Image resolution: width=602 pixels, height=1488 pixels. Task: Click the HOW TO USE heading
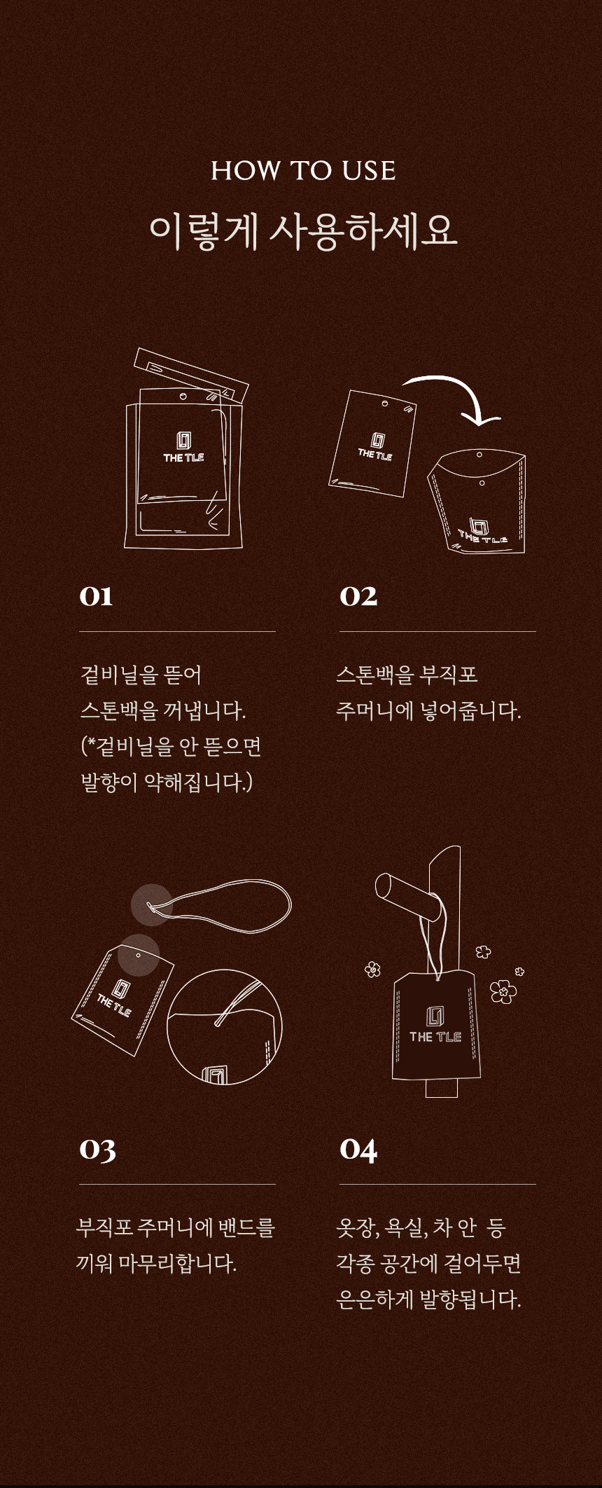303,170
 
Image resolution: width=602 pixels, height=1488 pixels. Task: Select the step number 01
96,596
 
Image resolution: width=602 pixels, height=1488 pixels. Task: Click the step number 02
358,596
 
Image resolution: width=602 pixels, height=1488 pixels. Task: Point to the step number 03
97,1150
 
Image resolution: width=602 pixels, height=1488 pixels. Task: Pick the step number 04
358,1150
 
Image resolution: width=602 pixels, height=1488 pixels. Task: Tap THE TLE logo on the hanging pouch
435,1026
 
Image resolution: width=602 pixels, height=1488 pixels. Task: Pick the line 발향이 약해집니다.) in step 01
167,782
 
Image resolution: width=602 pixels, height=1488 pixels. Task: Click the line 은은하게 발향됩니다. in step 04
428,1300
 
